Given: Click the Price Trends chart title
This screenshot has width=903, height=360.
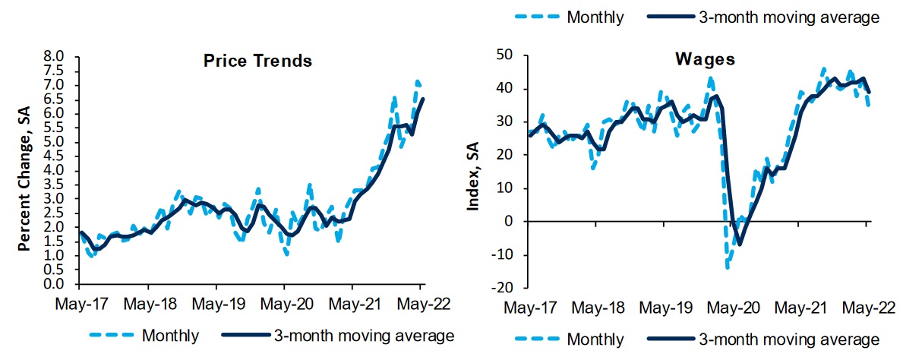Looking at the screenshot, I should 257,61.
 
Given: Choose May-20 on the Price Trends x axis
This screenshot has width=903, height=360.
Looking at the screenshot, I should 284,304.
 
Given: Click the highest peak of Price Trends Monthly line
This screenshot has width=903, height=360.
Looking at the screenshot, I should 417,81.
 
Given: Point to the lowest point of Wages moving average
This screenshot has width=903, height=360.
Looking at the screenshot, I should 739,244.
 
